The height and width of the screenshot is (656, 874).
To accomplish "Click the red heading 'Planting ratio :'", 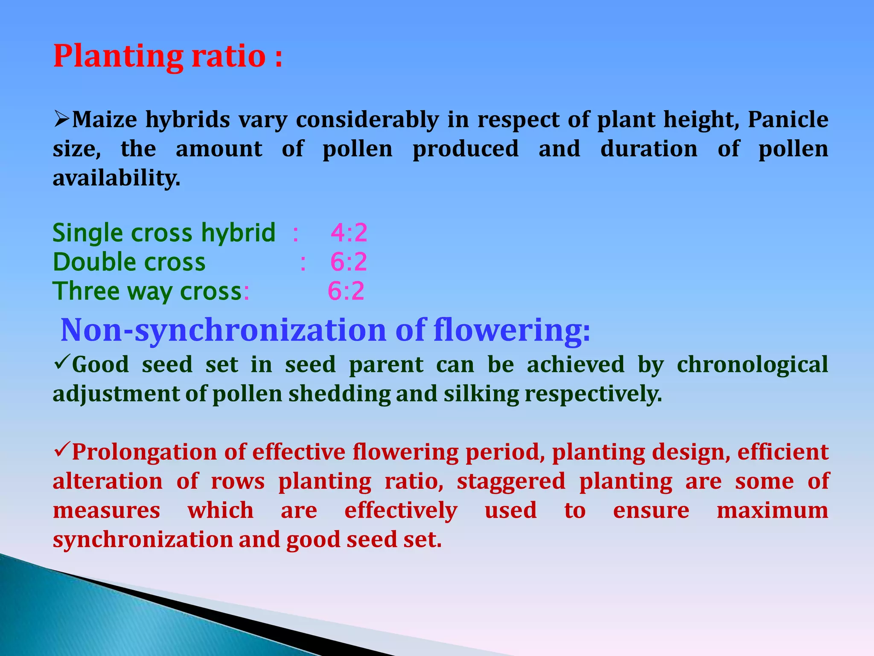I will pos(168,56).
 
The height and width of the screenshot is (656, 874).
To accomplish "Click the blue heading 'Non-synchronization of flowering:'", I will pos(326,330).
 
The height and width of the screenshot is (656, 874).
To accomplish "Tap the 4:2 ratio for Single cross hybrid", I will pos(349,233).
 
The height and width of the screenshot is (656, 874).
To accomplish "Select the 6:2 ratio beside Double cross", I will pos(349,262).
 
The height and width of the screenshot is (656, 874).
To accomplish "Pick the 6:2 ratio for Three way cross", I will pos(346,291).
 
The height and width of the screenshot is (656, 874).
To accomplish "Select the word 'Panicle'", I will pos(788,120).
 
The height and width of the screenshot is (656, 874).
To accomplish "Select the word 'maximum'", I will pos(772,511).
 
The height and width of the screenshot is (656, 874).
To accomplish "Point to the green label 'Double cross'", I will pos(129,262).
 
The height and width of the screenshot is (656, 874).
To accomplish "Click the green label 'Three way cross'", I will pos(148,291).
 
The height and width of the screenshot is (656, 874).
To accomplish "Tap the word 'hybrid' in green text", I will pos(238,233).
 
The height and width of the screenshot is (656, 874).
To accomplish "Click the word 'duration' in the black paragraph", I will pos(649,149).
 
